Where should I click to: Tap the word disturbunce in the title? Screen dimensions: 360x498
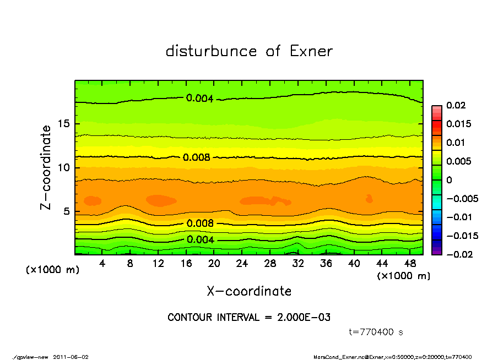(x=211, y=52)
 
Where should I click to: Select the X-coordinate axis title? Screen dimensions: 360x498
(x=249, y=291)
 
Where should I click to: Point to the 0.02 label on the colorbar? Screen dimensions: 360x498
(x=457, y=105)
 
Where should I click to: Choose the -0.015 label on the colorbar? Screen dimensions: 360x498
(x=462, y=236)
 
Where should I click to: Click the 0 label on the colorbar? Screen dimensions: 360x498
(x=449, y=180)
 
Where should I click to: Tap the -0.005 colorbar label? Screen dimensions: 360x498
(x=462, y=198)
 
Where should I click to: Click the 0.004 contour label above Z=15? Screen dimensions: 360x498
(x=198, y=99)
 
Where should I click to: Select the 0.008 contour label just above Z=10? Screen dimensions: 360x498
(x=197, y=157)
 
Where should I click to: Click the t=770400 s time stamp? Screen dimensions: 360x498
(x=377, y=332)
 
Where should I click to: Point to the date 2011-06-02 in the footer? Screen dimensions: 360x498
(x=71, y=357)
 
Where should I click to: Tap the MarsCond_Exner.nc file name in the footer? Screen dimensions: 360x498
(x=339, y=357)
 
